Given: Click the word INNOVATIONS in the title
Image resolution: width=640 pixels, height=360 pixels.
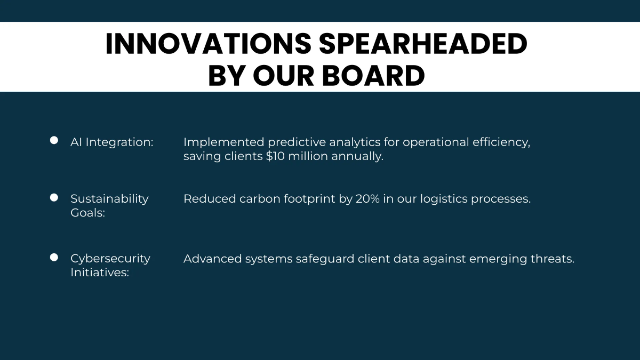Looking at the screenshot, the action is [209, 44].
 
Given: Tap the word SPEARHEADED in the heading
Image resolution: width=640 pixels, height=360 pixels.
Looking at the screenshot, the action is [423, 44].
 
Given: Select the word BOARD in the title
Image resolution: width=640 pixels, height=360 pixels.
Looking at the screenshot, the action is [373, 76].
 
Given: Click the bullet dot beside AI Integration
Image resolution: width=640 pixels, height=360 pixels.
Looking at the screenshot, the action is [54, 140].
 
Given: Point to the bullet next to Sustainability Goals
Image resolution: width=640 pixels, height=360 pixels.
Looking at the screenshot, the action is [54, 197].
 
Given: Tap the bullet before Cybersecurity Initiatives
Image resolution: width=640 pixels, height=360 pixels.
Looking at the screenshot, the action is [54, 257].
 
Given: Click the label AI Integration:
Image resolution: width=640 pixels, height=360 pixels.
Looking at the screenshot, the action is [111, 142].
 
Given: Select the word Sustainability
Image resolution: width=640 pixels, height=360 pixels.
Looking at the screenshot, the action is [109, 199].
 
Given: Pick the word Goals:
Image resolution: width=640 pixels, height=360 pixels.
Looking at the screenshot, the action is [87, 213].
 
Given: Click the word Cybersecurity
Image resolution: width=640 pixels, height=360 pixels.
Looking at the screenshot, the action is [110, 259].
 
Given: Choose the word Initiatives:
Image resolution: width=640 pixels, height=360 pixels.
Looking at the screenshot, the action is [100, 273].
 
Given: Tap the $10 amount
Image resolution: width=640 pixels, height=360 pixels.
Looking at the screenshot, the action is [275, 156].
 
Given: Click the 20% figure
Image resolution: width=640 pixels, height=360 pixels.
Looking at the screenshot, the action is [367, 199].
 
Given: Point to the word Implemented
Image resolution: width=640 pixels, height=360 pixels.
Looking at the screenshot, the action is [223, 142].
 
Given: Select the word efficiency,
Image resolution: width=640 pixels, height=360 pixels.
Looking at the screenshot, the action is [501, 142].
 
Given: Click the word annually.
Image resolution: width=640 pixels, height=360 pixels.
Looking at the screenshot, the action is [357, 156].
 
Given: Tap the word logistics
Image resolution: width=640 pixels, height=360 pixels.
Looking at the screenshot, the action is [444, 199].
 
